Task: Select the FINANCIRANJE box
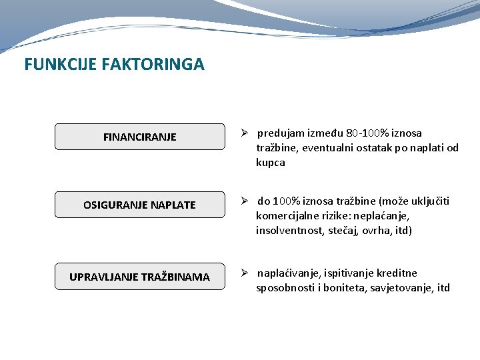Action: point(140,137)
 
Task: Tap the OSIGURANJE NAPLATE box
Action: point(140,205)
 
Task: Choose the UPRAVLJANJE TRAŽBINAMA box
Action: point(140,277)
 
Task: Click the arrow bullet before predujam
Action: point(245,133)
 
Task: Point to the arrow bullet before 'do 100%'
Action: point(245,201)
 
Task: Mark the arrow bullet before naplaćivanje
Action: point(245,273)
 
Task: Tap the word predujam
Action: point(283,133)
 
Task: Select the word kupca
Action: point(271,163)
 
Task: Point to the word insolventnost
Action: point(288,231)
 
